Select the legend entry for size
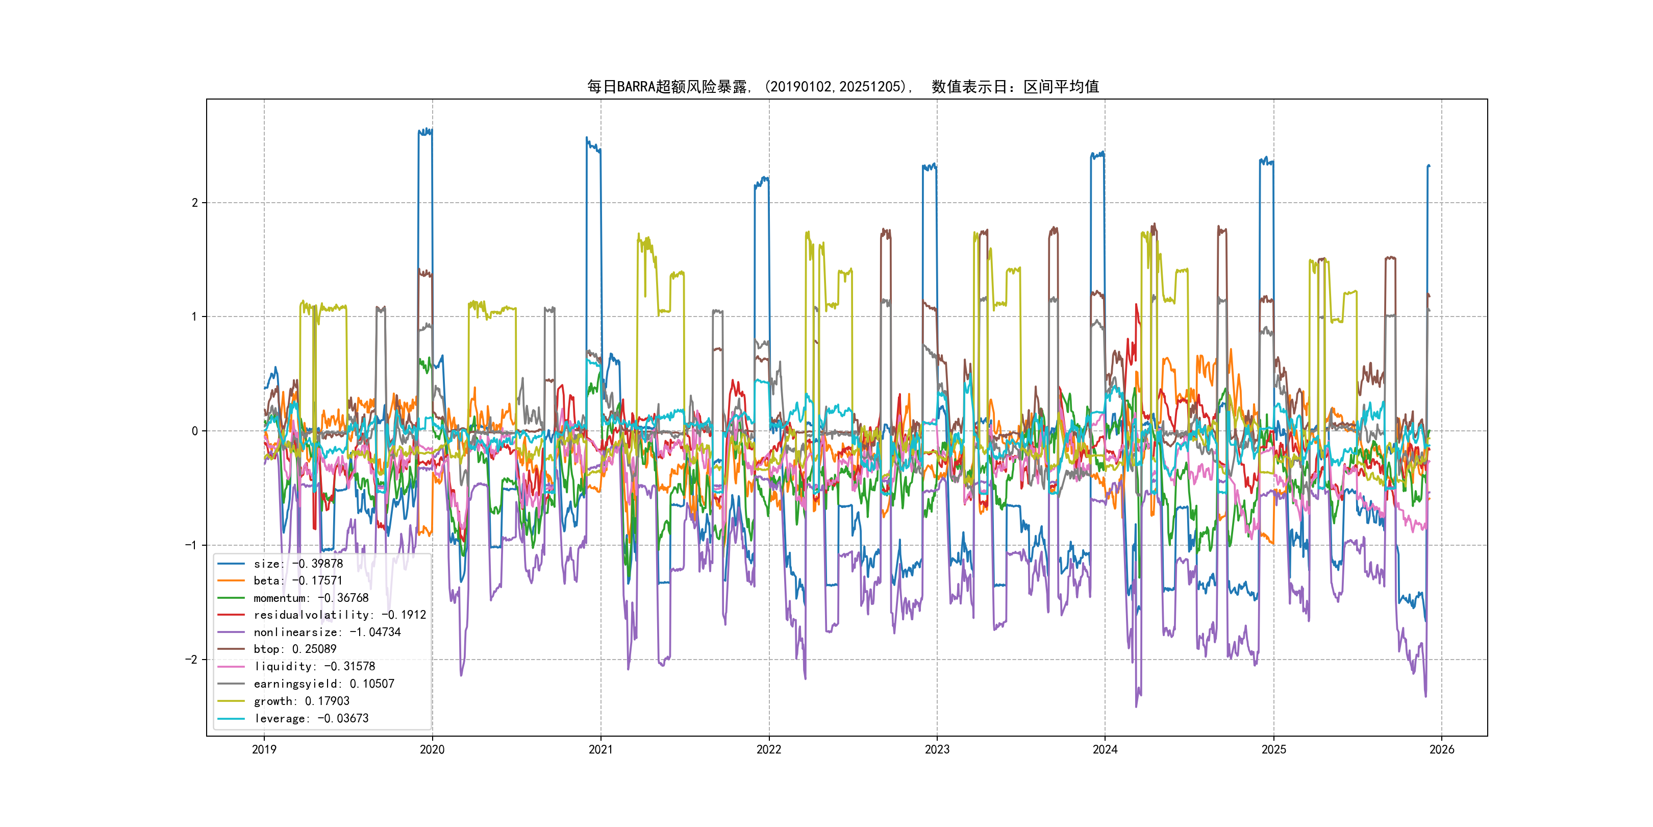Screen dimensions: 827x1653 click(x=298, y=564)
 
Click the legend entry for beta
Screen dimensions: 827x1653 click(x=298, y=580)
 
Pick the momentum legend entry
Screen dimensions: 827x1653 click(x=311, y=598)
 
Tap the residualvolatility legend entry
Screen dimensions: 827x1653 click(x=339, y=615)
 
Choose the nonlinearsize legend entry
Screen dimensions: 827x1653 click(x=327, y=633)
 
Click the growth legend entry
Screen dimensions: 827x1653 click(x=301, y=701)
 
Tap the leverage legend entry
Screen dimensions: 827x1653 click(x=311, y=718)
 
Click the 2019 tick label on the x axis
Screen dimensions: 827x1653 click(x=264, y=749)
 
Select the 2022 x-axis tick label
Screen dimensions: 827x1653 click(x=769, y=749)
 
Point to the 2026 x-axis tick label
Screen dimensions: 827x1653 click(x=1441, y=749)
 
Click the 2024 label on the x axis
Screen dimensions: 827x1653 click(x=1105, y=749)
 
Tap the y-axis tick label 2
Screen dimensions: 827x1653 click(x=194, y=203)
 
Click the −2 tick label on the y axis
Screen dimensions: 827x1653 click(x=191, y=660)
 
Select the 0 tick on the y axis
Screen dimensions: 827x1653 click(x=194, y=431)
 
